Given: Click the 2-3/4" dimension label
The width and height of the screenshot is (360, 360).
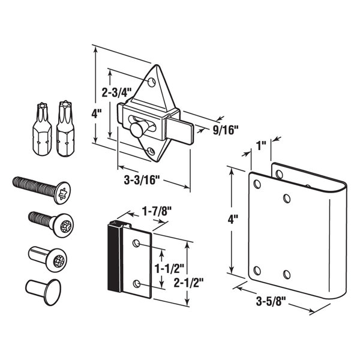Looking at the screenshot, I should pos(118,93).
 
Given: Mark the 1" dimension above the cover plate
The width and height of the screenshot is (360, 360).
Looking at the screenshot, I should pos(260,146).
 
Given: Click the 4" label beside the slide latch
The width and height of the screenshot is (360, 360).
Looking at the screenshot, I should pos(97,112).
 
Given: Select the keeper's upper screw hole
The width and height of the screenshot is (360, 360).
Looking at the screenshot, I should pos(137,243).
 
